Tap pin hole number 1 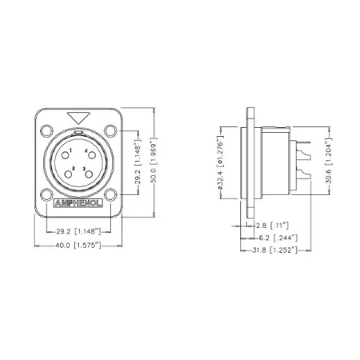71,151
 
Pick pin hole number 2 73,168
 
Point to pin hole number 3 86,168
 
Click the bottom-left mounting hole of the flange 51,193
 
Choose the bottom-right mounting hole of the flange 105,193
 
